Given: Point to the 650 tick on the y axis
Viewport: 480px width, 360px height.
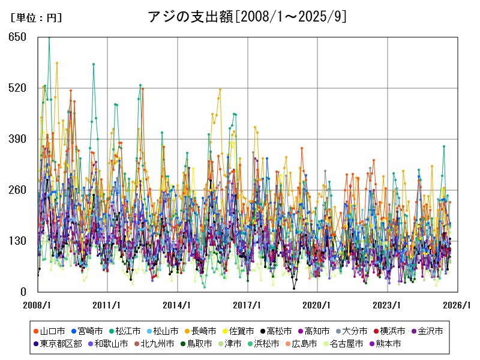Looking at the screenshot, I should click(17, 37).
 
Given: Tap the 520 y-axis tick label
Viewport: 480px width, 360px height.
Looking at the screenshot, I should click(17, 88).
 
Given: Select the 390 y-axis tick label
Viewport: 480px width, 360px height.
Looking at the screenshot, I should click(17, 139).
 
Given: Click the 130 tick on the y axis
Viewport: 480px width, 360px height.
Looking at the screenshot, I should click(17, 241).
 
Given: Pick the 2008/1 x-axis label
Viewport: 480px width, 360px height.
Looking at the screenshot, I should click(38, 305).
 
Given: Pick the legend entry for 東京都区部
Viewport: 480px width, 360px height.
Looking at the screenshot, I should click(57, 344).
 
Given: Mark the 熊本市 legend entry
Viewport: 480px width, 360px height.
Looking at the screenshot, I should click(385, 344).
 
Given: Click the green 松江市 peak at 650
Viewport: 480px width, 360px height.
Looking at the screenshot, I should click(49, 37).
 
